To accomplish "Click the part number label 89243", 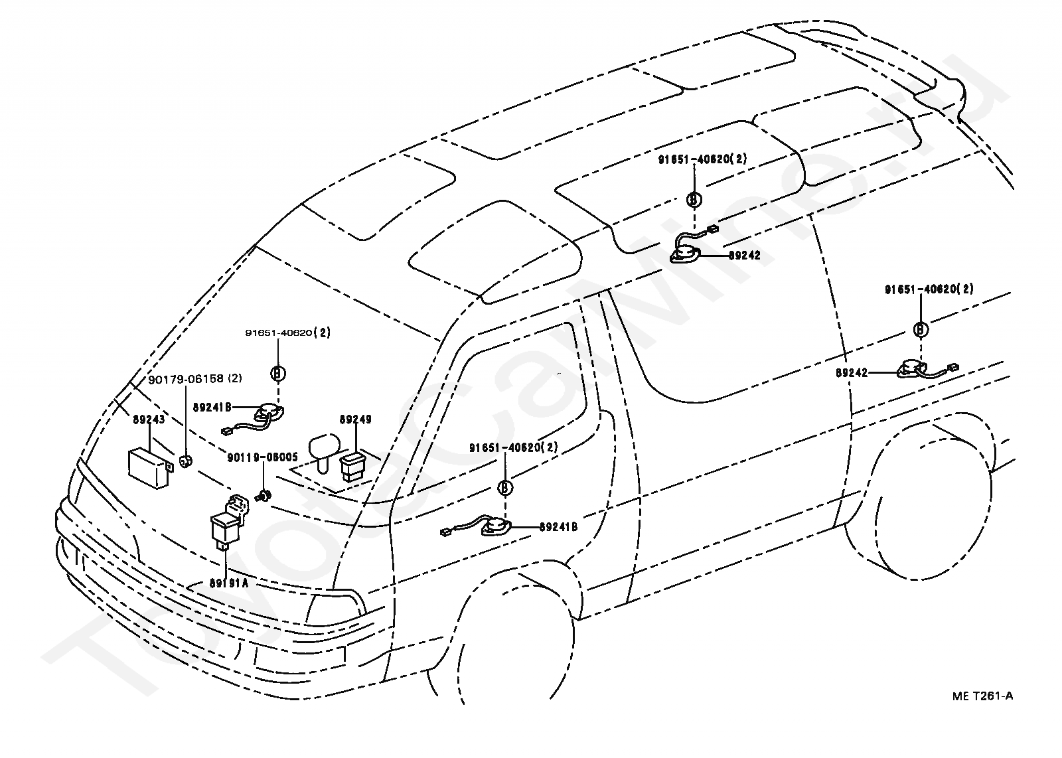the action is (x=149, y=419).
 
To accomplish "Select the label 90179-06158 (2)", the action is (x=195, y=379).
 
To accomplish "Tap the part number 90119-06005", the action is (x=262, y=457).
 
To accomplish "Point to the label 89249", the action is (x=356, y=419).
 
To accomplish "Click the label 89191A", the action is (x=228, y=583).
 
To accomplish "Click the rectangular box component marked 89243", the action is (x=149, y=469).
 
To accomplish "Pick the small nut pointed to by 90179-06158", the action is (x=185, y=460).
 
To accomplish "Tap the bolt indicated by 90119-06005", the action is (x=263, y=496).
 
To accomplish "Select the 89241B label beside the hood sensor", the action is (x=212, y=407).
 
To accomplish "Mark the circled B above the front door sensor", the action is (x=506, y=487).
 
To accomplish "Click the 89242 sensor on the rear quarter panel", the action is (x=911, y=369).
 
